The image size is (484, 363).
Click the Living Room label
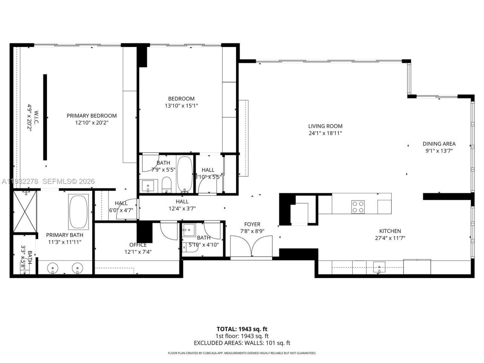[325, 126]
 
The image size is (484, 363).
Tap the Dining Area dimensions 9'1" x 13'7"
[439, 150]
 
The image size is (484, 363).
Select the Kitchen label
[390, 231]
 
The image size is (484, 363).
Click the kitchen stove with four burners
[358, 206]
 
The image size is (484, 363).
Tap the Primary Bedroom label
[92, 116]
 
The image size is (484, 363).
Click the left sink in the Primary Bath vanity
[53, 268]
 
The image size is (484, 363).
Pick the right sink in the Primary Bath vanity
[77, 268]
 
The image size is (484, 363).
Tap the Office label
[138, 245]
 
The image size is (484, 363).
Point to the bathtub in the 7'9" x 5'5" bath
[185, 173]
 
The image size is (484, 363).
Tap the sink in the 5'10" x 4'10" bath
[188, 230]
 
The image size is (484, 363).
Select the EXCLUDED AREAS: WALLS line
[242, 343]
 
